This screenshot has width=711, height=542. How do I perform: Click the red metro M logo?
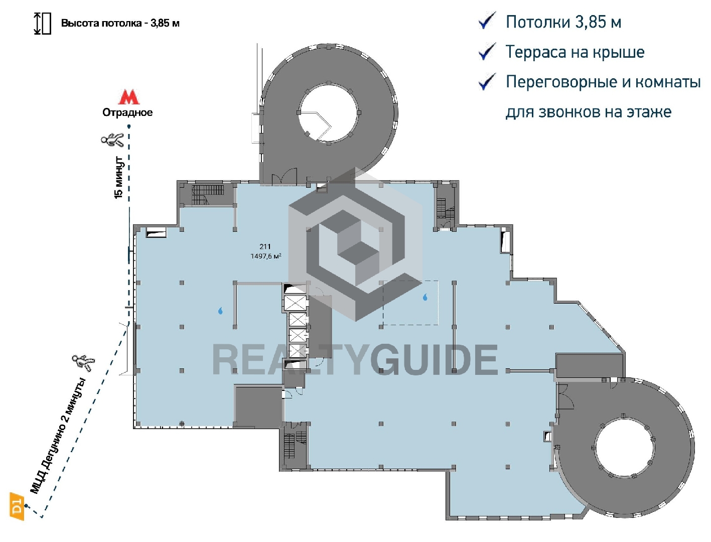(128, 97)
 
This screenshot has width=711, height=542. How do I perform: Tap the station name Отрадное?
(127, 113)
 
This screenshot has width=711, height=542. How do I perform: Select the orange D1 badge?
(17, 506)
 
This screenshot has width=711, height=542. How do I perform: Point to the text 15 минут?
(118, 178)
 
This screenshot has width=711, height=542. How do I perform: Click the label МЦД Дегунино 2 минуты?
(58, 436)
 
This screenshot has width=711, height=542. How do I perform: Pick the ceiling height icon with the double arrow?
(43, 23)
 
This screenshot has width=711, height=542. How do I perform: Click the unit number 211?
(265, 246)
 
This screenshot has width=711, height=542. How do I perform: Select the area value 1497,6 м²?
(265, 256)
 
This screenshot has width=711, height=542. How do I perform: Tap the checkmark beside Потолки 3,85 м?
(487, 21)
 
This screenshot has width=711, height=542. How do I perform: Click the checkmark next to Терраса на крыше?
(487, 52)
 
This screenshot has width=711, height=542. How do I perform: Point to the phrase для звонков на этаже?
(588, 112)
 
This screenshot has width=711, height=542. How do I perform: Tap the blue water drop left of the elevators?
(221, 311)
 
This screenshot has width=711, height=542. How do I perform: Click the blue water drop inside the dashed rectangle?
(425, 297)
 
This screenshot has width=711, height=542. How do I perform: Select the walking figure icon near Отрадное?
(112, 140)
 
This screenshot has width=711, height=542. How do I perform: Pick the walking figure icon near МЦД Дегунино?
(83, 362)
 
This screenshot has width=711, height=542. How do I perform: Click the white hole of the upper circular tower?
(328, 113)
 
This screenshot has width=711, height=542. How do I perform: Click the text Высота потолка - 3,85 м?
(120, 23)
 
